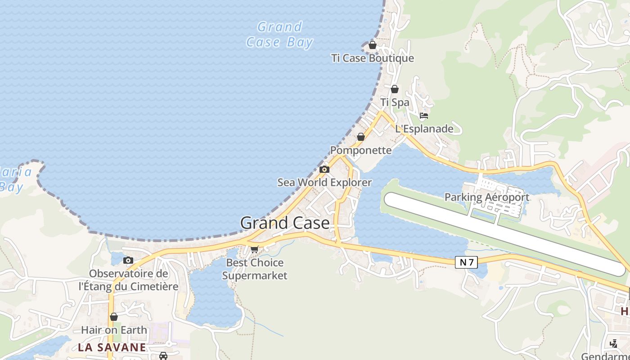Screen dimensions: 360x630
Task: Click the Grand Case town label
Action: (285, 223)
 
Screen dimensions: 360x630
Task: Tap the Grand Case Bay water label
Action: (279, 35)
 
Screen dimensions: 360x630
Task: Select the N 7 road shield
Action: (466, 262)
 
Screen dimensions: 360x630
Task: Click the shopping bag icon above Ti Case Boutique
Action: (373, 45)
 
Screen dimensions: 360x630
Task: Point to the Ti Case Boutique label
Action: (373, 58)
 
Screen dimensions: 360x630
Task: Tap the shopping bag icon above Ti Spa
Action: (395, 89)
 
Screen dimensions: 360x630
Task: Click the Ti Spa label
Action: (395, 102)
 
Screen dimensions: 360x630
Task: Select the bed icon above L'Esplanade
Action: (424, 116)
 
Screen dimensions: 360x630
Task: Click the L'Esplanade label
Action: (424, 129)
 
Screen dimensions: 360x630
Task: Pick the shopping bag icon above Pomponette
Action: (360, 137)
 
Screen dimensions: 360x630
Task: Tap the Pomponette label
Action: (361, 150)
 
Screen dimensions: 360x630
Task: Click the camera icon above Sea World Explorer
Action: (324, 170)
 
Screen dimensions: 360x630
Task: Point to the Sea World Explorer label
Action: (324, 182)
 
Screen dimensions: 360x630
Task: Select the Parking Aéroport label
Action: (487, 197)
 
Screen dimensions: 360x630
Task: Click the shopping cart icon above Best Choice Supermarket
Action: (255, 249)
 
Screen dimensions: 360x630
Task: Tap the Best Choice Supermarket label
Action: (255, 269)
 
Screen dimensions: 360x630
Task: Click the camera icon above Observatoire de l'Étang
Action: (128, 260)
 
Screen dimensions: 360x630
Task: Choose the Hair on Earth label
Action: (114, 330)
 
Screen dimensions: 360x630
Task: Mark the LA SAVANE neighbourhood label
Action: (112, 347)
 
